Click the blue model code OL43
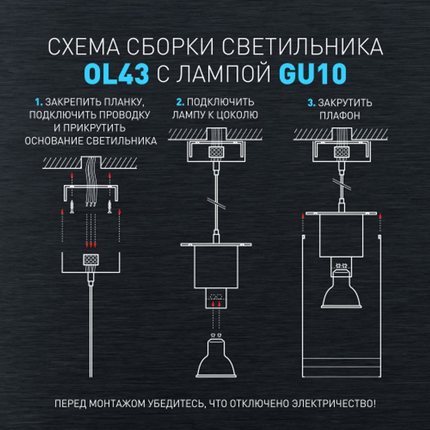[117, 74]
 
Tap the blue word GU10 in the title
[313, 74]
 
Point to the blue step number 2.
[180, 103]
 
